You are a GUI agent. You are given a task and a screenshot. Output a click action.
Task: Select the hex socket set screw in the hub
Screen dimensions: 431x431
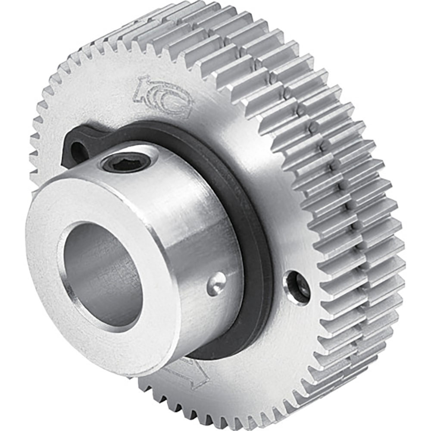pos(126,163)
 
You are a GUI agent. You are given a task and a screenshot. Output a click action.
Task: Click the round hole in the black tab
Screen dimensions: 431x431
pos(78,151)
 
